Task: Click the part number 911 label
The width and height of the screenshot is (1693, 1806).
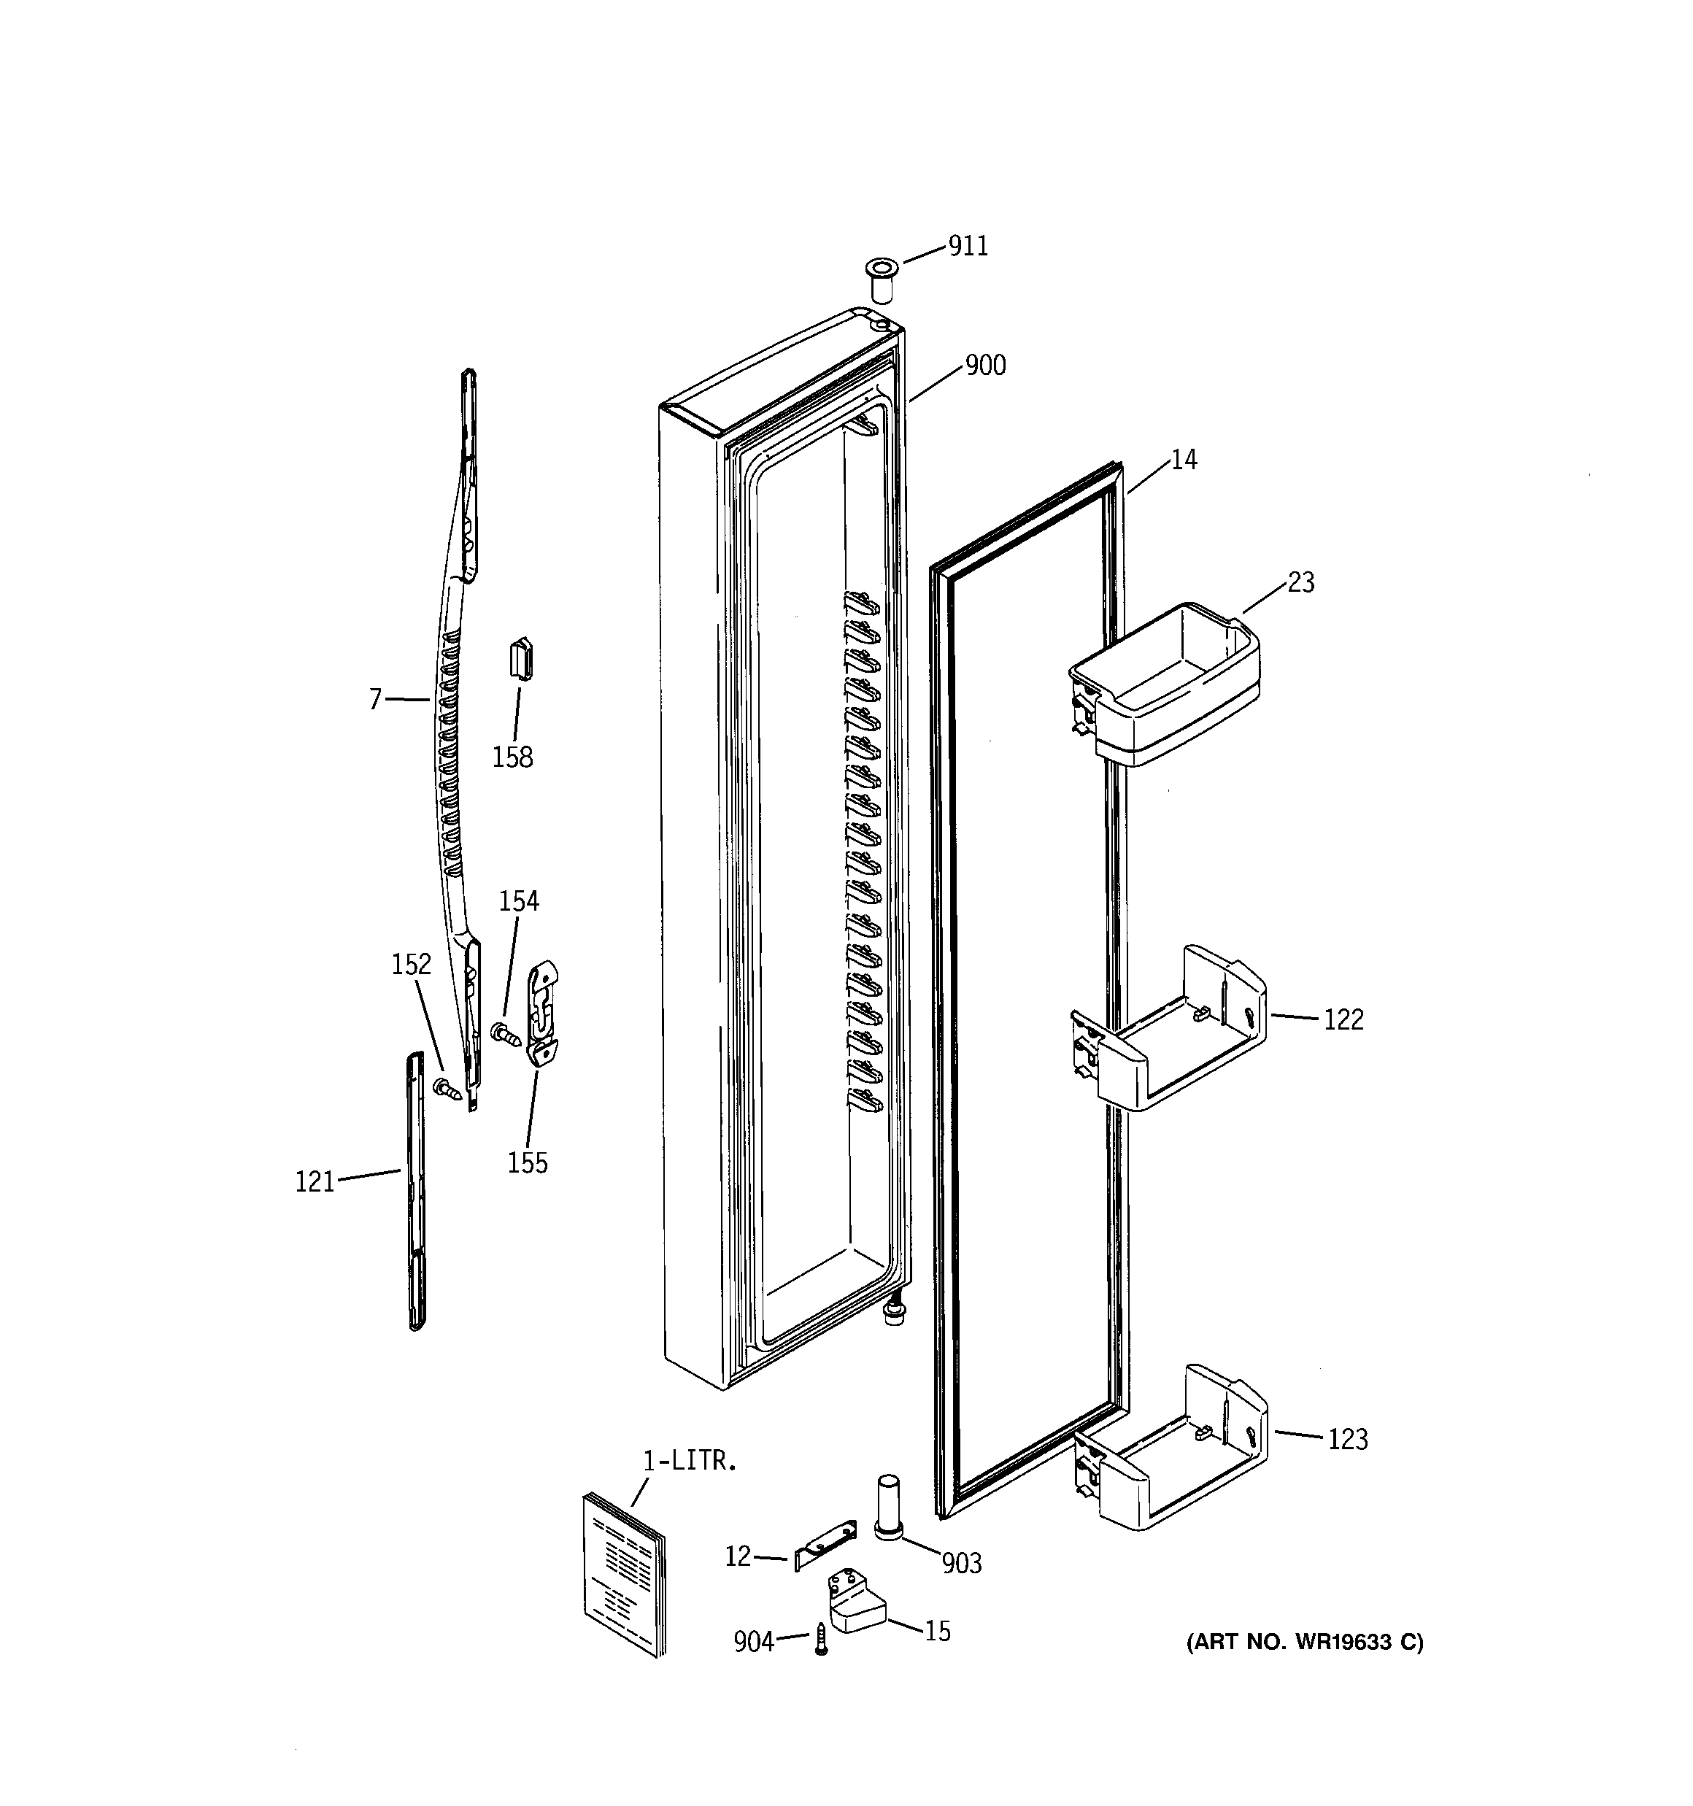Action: [x=968, y=246]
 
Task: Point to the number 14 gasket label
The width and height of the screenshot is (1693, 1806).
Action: [x=1183, y=460]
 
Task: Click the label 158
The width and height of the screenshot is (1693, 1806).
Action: [x=512, y=757]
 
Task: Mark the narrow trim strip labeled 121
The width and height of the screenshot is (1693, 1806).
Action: [x=415, y=1189]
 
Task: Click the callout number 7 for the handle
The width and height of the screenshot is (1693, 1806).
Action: [x=375, y=700]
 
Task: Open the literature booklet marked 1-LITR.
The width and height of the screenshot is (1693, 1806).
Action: [x=623, y=1573]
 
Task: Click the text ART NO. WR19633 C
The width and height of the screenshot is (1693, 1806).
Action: [x=1305, y=1643]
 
